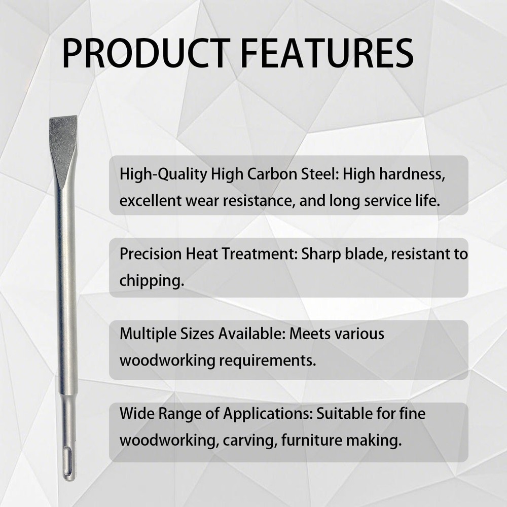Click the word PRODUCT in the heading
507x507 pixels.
pyautogui.click(x=144, y=53)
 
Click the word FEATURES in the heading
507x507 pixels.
pyautogui.click(x=327, y=53)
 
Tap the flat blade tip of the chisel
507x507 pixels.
pyautogui.click(x=63, y=118)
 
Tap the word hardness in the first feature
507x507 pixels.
pyautogui.click(x=412, y=174)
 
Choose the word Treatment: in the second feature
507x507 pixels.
pyautogui.click(x=259, y=254)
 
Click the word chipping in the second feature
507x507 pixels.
pyautogui.click(x=150, y=281)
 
